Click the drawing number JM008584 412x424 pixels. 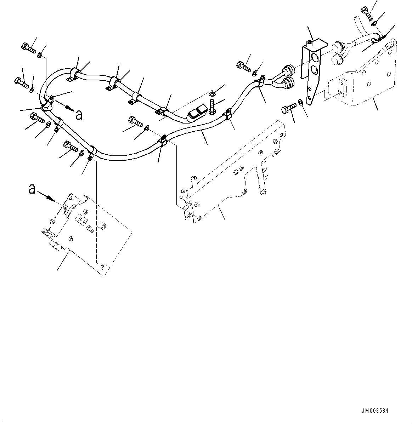[x=375, y=411]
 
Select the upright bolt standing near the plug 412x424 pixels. [x=212, y=107]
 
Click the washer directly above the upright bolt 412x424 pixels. [x=212, y=94]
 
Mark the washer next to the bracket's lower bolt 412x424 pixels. [x=300, y=102]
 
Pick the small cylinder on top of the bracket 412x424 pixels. [x=310, y=43]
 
